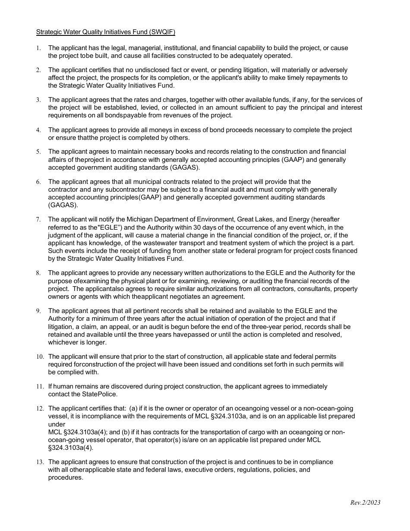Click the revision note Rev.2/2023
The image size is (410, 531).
(365, 503)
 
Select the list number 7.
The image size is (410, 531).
(38, 220)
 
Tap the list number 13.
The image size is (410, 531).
(40, 462)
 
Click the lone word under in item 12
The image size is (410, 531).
(57, 424)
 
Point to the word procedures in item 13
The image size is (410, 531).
(65, 478)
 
